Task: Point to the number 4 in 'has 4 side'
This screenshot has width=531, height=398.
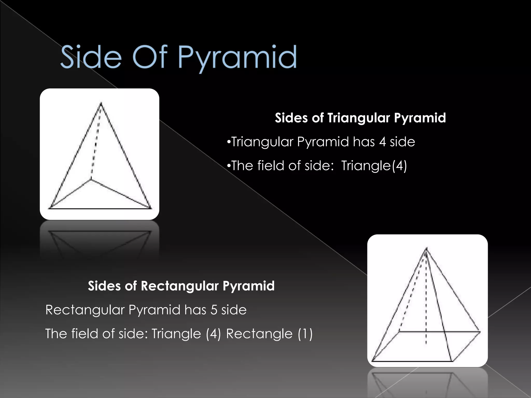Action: pos(382,142)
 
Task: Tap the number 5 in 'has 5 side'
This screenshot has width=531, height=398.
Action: pos(214,310)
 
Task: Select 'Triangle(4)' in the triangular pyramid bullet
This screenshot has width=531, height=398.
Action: pos(374,166)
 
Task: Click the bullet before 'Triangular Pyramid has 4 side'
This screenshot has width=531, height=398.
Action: pos(228,142)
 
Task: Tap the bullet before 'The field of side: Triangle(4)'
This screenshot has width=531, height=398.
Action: pos(228,166)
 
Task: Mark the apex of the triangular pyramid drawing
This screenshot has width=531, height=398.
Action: pos(101,103)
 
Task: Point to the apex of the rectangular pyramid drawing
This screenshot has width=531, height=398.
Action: pos(426,248)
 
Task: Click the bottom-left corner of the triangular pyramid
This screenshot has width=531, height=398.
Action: pos(49,208)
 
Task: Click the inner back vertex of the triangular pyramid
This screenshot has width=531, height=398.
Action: pos(91,179)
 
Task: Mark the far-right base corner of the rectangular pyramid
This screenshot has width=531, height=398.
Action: pos(480,331)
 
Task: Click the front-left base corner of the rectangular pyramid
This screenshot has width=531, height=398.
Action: pos(372,361)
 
